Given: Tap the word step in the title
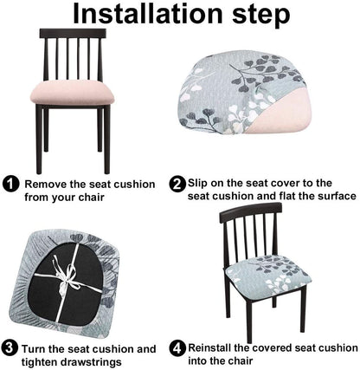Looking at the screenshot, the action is [x=261, y=16].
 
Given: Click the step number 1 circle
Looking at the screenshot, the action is [x=11, y=184].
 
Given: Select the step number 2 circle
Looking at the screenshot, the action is [x=177, y=184].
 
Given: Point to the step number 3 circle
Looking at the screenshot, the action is [x=10, y=347].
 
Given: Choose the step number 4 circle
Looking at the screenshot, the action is [x=177, y=348].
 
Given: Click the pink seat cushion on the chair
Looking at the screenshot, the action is [x=72, y=93].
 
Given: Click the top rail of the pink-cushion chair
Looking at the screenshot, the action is [x=73, y=33].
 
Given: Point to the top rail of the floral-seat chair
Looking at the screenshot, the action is [x=250, y=211].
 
